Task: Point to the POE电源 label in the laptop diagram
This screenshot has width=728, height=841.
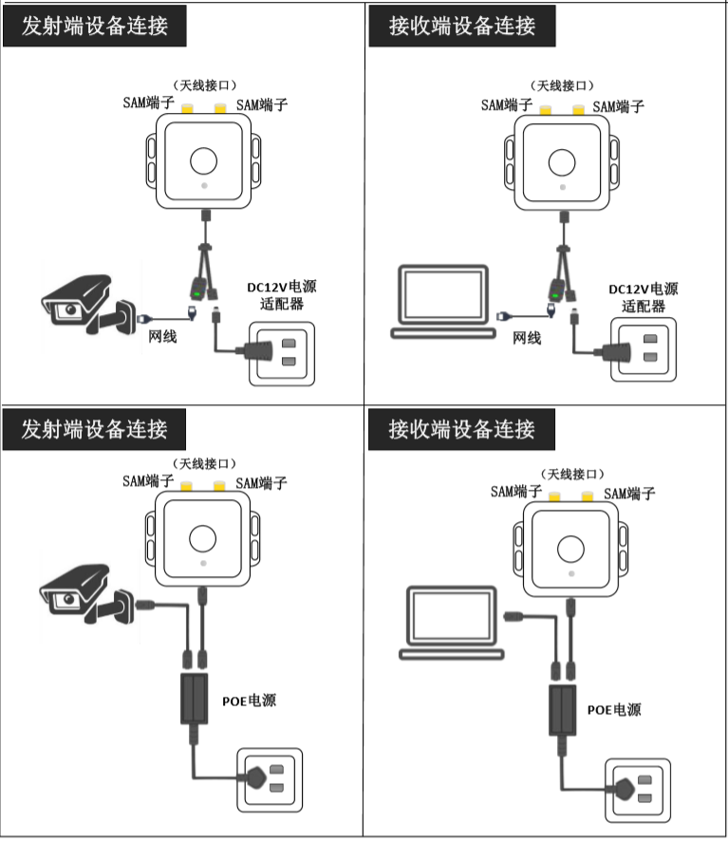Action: [x=614, y=709]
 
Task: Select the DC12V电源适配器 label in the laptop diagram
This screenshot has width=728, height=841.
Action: [x=643, y=298]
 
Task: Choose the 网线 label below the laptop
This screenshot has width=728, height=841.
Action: [x=527, y=337]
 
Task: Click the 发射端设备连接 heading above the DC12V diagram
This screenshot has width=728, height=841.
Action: [x=94, y=26]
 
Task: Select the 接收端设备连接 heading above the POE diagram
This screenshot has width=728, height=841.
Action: [x=461, y=429]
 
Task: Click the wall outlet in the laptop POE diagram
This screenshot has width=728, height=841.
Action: [x=639, y=788]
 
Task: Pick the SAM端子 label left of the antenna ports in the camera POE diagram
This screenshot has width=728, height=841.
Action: [x=146, y=481]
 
